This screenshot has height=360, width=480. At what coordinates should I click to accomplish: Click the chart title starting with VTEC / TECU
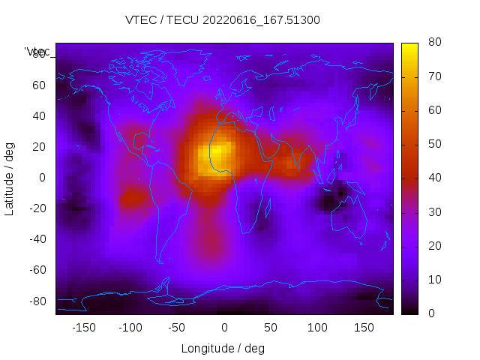223,20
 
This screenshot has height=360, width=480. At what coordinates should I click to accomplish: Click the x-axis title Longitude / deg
223,348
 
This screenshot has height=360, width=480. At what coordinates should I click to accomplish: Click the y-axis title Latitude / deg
10,178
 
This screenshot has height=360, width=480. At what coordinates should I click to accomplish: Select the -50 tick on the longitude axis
177,328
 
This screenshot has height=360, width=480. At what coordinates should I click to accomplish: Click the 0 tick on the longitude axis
223,328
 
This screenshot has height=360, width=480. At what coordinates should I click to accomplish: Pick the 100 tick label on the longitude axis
317,328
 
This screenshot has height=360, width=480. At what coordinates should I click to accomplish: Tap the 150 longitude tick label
364,328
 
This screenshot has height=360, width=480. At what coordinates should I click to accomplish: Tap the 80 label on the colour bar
433,43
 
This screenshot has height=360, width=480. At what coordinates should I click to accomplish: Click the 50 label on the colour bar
433,144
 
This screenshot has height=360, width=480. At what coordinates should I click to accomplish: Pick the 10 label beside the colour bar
433,280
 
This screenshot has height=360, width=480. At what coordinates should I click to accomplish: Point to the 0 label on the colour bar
430,313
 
